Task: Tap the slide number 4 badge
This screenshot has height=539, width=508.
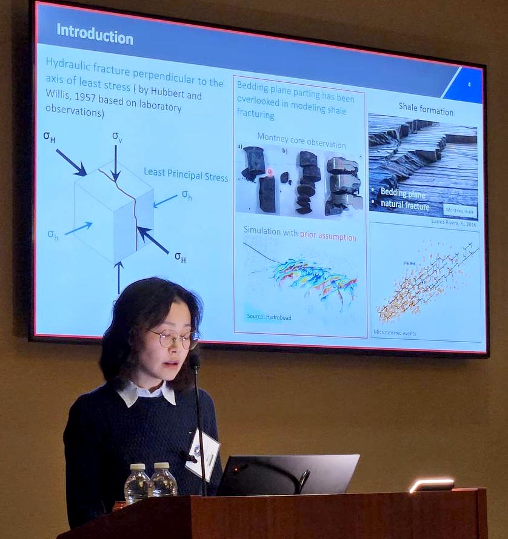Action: click(x=469, y=85)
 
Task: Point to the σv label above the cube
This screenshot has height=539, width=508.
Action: click(x=117, y=136)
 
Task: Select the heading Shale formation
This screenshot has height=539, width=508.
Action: click(x=426, y=111)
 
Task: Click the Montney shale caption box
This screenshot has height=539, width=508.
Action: click(x=459, y=210)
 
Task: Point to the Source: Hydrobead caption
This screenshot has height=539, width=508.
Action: click(x=269, y=316)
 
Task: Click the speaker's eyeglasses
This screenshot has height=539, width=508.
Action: click(x=173, y=339)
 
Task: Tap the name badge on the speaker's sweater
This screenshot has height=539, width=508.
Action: click(x=203, y=454)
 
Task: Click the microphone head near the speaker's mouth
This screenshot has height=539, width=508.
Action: click(x=194, y=362)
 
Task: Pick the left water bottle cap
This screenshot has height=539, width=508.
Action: click(x=139, y=467)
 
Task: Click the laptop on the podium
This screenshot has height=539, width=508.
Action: click(x=287, y=475)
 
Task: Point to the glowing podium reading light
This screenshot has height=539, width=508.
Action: click(x=432, y=484)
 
